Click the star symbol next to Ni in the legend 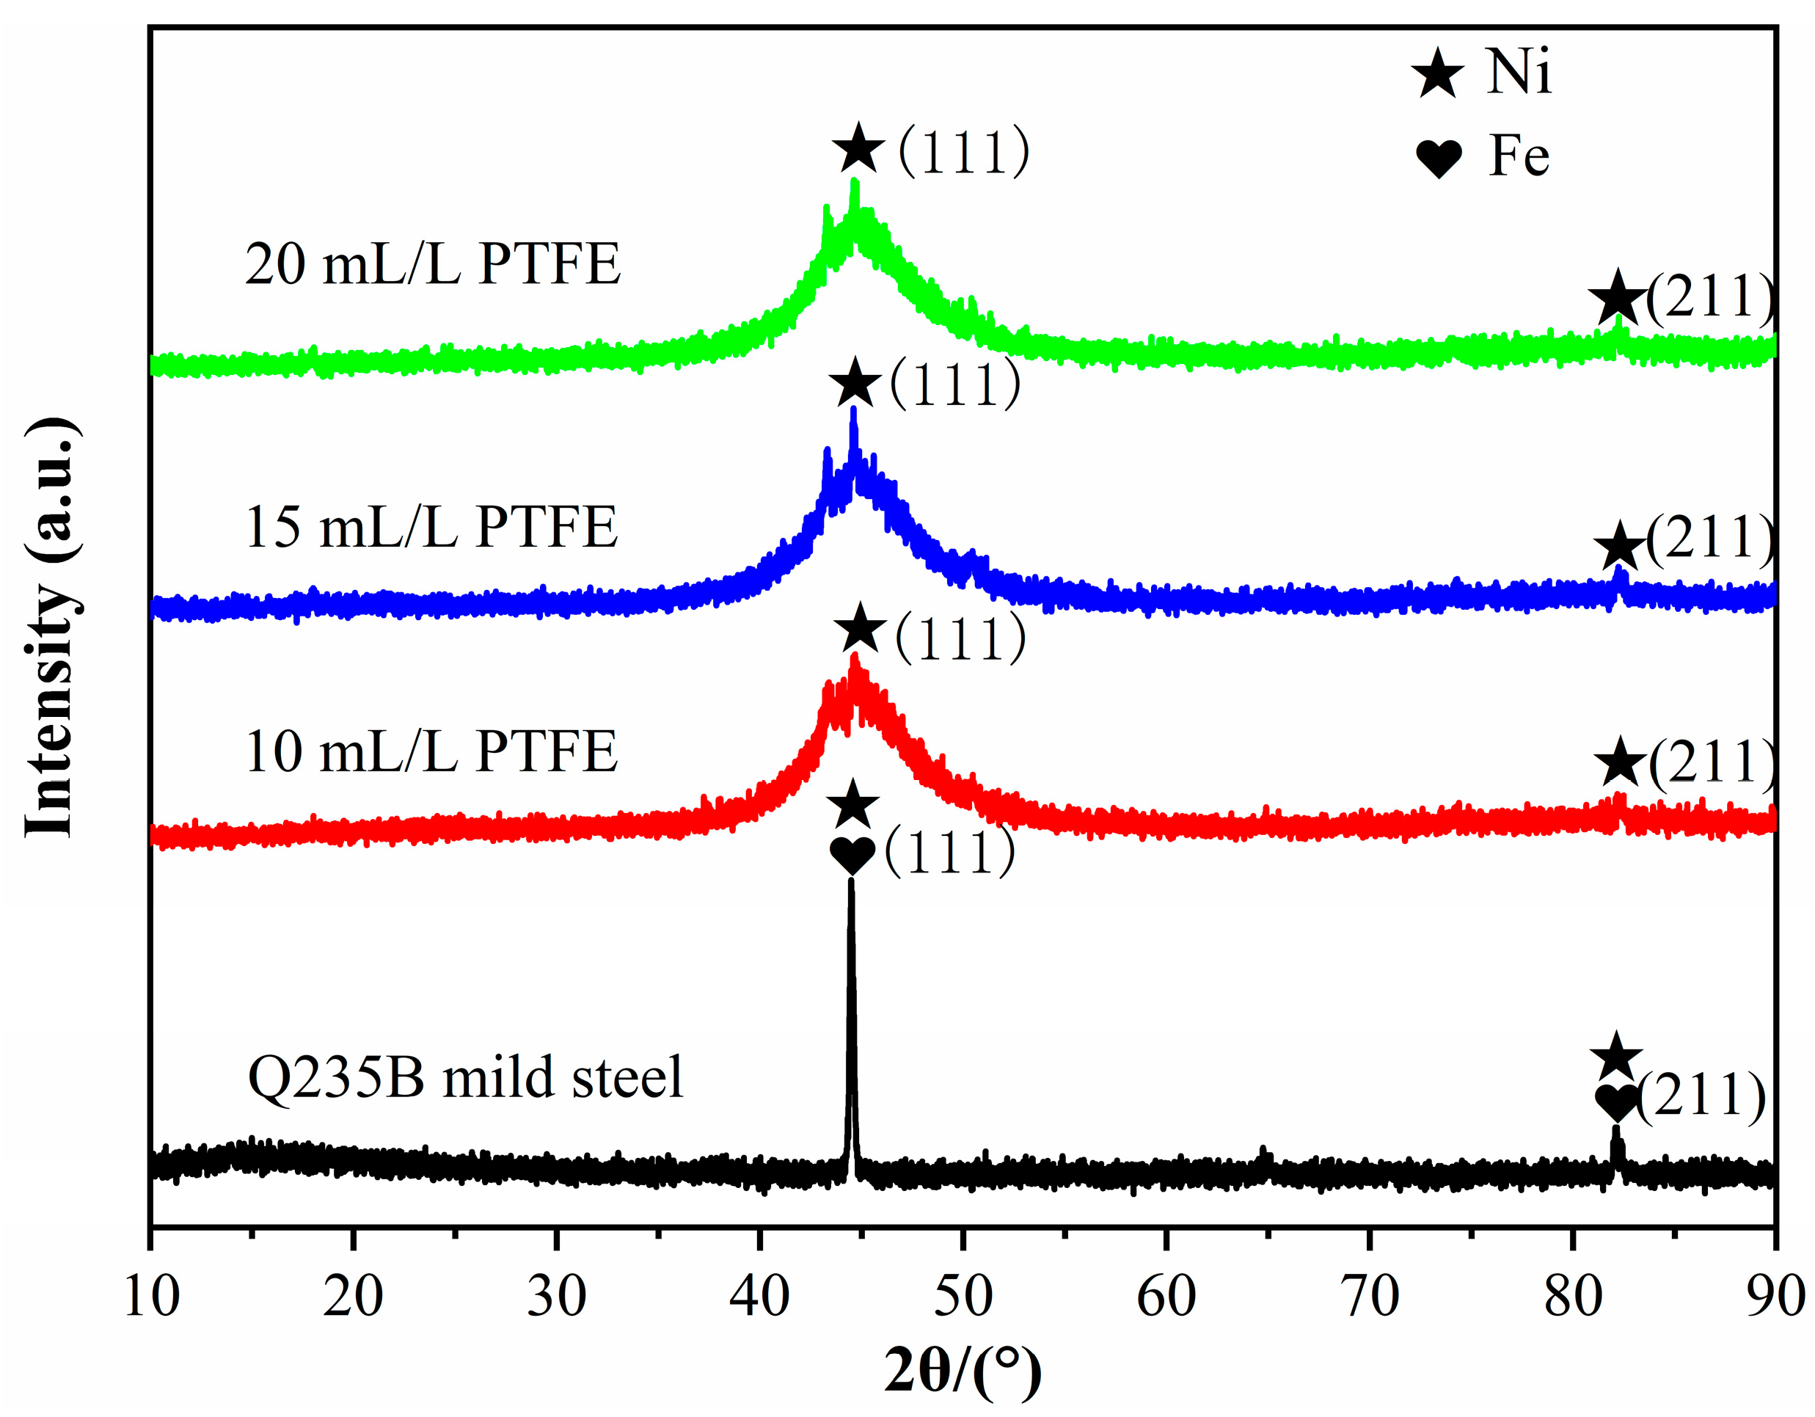[x=1437, y=74]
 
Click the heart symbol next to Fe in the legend [x=1439, y=158]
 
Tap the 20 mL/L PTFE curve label [x=432, y=264]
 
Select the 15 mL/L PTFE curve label [x=431, y=527]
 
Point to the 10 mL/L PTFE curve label [x=431, y=751]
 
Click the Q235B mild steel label [x=465, y=1077]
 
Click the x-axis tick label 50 [x=963, y=1296]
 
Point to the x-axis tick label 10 [x=151, y=1296]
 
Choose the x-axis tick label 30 [x=556, y=1296]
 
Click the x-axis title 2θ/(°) [x=963, y=1373]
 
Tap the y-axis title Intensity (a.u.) [x=51, y=627]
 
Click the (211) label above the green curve [x=1710, y=296]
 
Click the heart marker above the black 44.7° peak [x=852, y=854]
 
